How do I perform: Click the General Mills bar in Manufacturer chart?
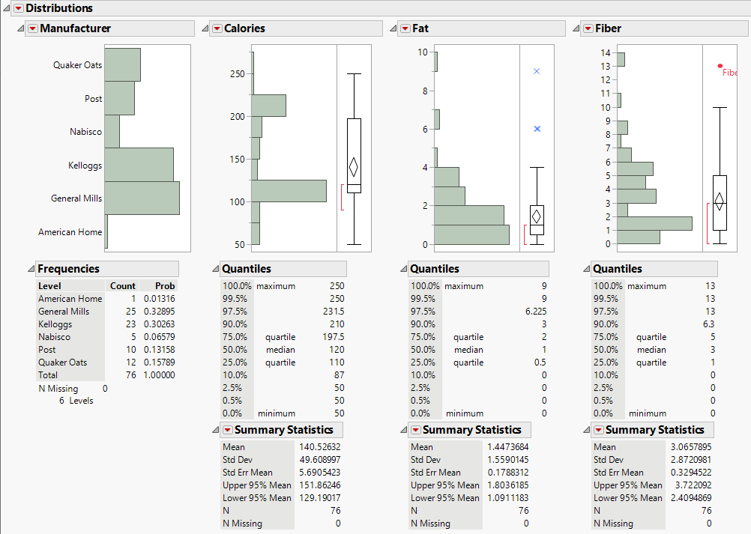click(142, 198)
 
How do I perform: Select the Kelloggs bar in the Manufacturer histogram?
click(139, 165)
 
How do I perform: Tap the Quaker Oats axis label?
click(77, 65)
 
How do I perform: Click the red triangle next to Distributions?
click(19, 8)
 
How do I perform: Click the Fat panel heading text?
click(420, 28)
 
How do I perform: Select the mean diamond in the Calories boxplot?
click(354, 167)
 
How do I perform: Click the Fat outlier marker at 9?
click(537, 71)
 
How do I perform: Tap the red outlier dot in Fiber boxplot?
click(720, 66)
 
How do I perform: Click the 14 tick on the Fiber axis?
click(606, 52)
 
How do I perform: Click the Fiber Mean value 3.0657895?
click(693, 447)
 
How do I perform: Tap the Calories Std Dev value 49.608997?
click(320, 460)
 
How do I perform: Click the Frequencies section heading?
click(68, 269)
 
